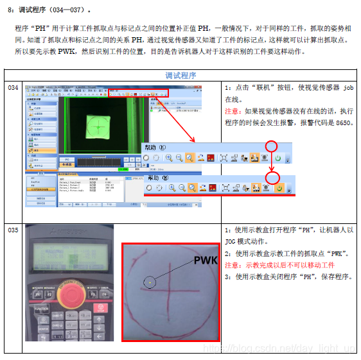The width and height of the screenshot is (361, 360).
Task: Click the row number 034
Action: click(x=13, y=87)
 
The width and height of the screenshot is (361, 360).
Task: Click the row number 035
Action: click(x=13, y=229)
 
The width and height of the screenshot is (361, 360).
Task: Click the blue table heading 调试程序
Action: click(x=180, y=75)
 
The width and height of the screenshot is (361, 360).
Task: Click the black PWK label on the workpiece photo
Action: click(x=206, y=260)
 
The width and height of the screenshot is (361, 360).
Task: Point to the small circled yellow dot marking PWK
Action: click(x=149, y=281)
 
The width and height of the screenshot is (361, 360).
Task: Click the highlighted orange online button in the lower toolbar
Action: click(x=279, y=188)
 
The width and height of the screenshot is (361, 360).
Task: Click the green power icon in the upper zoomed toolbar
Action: click(x=278, y=157)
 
